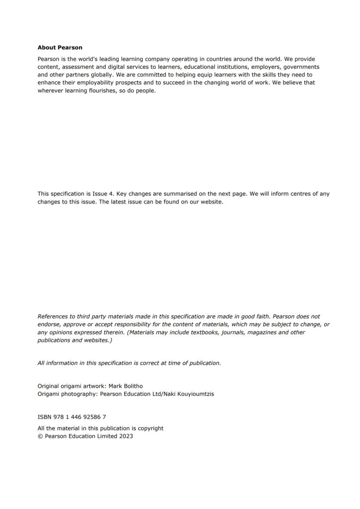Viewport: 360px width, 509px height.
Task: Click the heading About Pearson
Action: tap(60, 47)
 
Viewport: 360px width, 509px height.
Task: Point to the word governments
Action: tap(301, 67)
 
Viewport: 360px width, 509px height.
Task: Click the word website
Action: tap(211, 202)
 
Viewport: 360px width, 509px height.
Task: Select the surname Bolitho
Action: tap(131, 386)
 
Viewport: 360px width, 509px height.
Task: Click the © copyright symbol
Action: tap(40, 436)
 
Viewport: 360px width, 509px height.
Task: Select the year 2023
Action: tap(126, 436)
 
